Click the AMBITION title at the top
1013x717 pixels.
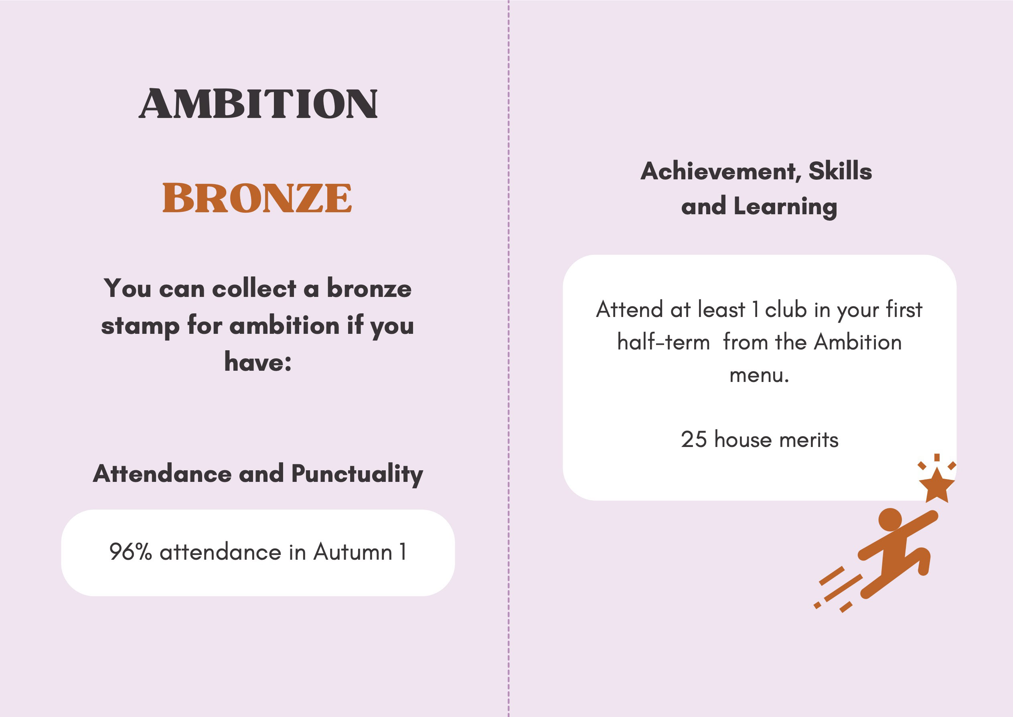258,104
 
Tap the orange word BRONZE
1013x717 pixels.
257,198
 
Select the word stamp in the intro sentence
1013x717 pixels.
140,326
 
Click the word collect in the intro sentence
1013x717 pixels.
254,289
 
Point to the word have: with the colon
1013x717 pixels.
258,362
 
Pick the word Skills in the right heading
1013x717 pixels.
840,171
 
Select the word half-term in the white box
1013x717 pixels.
664,342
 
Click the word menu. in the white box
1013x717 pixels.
759,375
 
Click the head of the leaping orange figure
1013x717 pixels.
890,520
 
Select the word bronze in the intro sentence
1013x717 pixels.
369,289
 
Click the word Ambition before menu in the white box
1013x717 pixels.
858,342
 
